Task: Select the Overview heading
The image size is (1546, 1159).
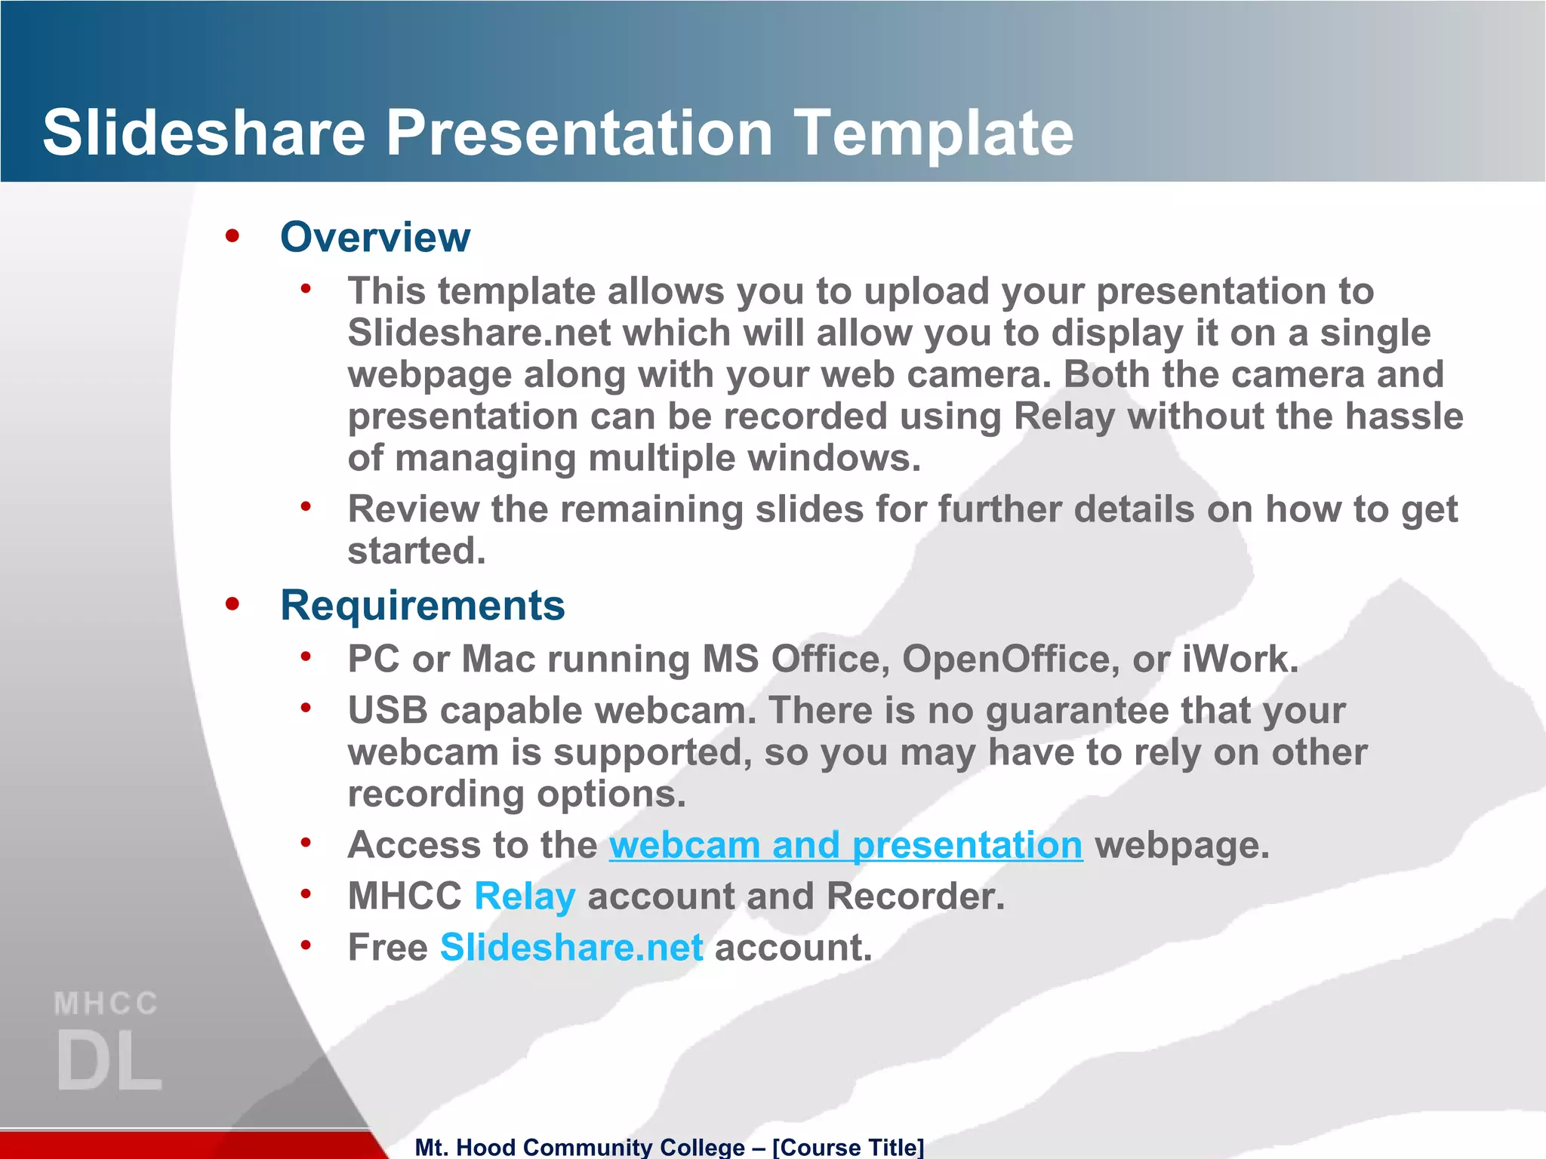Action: [x=375, y=237]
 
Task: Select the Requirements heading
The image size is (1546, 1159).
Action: [x=422, y=605]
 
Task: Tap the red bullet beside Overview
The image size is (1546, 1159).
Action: [x=233, y=236]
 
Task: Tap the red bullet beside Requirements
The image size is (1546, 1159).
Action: [x=233, y=604]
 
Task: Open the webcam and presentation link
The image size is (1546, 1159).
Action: [x=845, y=845]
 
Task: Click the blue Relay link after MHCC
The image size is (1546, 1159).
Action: [x=525, y=896]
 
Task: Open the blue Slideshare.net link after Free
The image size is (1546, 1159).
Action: [x=571, y=948]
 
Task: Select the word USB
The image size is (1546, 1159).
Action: [x=387, y=711]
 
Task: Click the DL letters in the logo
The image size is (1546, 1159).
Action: [x=109, y=1061]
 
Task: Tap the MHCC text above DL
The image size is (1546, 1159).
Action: [x=106, y=1004]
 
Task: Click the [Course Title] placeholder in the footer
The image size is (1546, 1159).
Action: [x=848, y=1147]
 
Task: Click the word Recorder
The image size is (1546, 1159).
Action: [x=915, y=896]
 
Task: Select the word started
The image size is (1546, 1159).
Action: [x=416, y=551]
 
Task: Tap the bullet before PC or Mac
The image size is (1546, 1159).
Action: [x=306, y=657]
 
